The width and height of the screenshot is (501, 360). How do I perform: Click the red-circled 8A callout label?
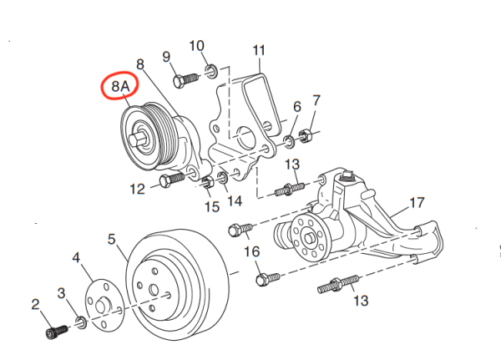pyautogui.click(x=115, y=87)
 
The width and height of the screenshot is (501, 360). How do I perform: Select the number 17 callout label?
pyautogui.click(x=417, y=202)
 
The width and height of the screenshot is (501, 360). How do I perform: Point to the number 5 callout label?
pyautogui.click(x=112, y=239)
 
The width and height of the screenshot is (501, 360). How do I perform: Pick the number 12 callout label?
pyautogui.click(x=138, y=189)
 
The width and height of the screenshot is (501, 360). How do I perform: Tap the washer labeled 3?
pyautogui.click(x=79, y=321)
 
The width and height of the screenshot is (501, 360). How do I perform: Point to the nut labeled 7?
pyautogui.click(x=306, y=132)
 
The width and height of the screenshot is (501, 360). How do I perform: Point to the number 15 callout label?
pyautogui.click(x=212, y=206)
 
